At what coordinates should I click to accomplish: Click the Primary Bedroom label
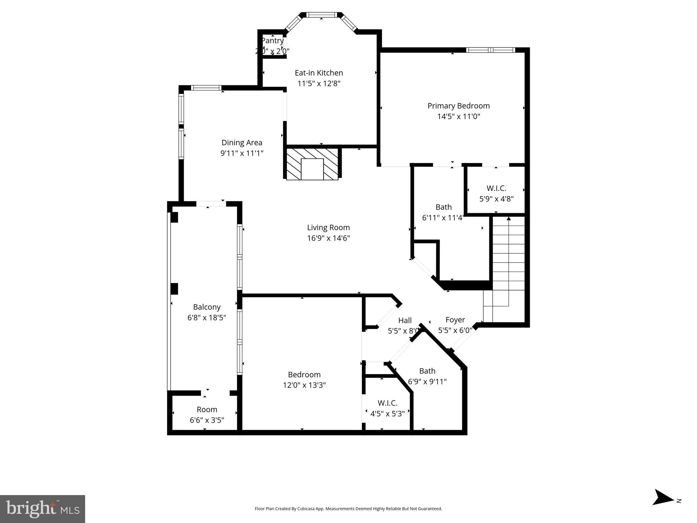click(458, 106)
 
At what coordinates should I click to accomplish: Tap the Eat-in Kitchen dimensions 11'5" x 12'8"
click(319, 83)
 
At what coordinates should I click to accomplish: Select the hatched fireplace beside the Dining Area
click(312, 164)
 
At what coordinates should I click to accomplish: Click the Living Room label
click(328, 227)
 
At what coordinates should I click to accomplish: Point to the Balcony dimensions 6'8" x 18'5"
click(207, 318)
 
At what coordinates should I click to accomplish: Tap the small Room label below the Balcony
click(207, 409)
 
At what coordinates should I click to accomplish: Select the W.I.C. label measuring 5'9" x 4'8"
click(496, 188)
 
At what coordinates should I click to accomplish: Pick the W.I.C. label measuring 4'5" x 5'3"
click(387, 403)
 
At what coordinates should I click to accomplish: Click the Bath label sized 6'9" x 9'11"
click(427, 371)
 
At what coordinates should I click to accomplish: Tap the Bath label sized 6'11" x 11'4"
click(443, 207)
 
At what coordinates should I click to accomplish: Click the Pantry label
click(272, 41)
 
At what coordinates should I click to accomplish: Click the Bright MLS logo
click(43, 509)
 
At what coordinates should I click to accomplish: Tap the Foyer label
click(455, 320)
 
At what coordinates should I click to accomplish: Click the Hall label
click(405, 320)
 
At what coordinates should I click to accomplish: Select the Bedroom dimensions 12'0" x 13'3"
click(304, 385)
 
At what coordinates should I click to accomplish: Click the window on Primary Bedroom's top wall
click(490, 50)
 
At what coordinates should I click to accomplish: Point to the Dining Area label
click(242, 143)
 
